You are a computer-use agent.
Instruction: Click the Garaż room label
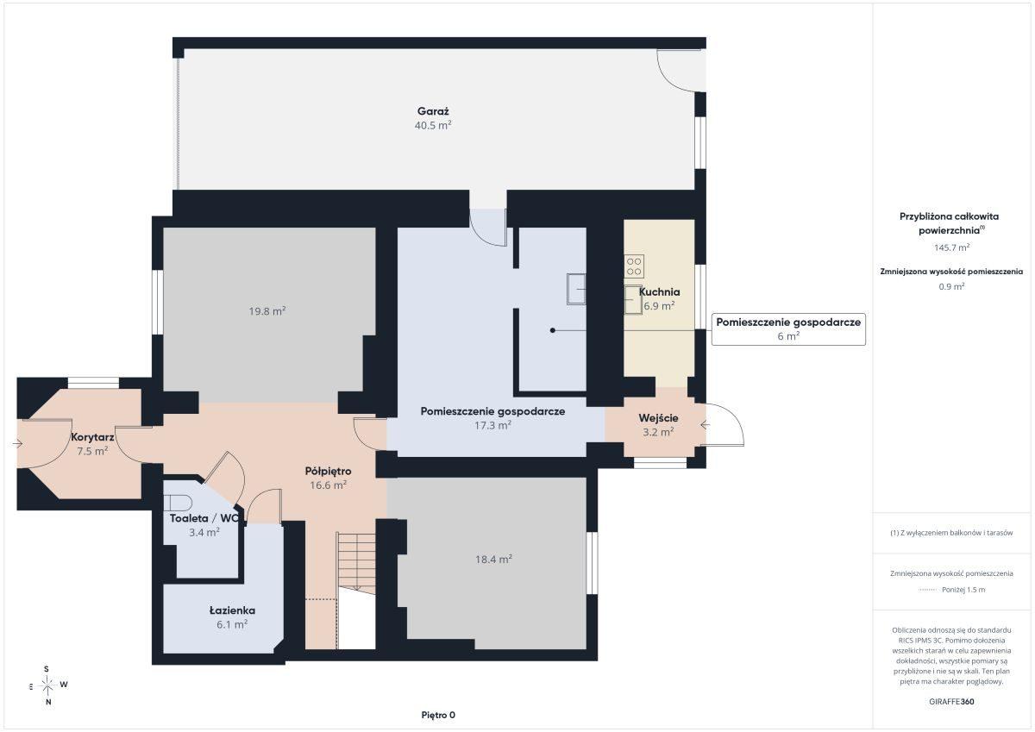[x=433, y=111]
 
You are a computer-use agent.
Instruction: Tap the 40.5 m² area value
[x=433, y=125]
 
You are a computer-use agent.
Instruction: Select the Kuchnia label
[x=659, y=292]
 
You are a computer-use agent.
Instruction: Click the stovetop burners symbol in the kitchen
[x=633, y=266]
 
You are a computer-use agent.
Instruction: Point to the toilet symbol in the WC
[x=178, y=502]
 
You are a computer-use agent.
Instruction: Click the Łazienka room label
[x=232, y=610]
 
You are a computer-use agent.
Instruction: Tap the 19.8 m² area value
[x=267, y=311]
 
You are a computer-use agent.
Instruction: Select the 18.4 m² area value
[x=493, y=560]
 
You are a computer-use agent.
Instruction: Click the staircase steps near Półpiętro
[x=356, y=561]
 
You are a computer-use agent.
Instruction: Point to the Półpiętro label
[x=328, y=471]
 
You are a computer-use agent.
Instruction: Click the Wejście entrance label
[x=658, y=418]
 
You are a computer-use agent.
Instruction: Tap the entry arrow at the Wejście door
[x=706, y=425]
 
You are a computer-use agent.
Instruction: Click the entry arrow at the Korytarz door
[x=17, y=444]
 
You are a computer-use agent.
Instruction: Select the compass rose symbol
[x=47, y=685]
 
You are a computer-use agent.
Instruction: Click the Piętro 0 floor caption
[x=438, y=715]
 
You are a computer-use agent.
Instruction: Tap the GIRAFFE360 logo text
[x=951, y=702]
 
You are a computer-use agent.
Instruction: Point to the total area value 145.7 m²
[x=951, y=247]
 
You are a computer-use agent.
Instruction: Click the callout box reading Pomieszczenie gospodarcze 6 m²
[x=788, y=328]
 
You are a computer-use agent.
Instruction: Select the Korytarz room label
[x=92, y=437]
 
